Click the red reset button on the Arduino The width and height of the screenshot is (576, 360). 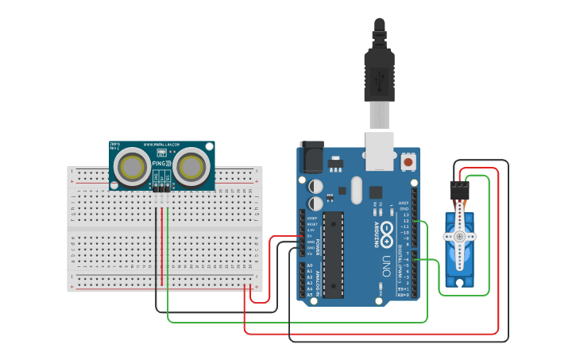click(x=408, y=161)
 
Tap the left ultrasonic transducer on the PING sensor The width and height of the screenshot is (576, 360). click(x=130, y=167)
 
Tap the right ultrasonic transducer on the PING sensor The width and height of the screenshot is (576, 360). click(x=191, y=166)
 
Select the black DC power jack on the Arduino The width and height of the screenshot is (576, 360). click(x=311, y=156)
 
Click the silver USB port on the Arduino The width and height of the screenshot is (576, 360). click(x=379, y=150)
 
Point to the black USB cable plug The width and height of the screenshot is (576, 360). click(x=379, y=75)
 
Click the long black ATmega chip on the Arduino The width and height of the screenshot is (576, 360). click(x=334, y=252)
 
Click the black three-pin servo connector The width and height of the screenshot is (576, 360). click(x=459, y=191)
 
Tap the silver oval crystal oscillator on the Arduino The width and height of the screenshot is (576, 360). click(x=355, y=190)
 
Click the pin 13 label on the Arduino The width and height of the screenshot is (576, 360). click(x=406, y=215)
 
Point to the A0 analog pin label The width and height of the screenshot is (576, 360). click(x=309, y=265)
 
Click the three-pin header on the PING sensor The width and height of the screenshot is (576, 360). click(x=161, y=188)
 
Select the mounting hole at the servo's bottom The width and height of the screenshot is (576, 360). click(x=458, y=281)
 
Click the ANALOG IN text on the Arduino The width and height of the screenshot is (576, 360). click(x=318, y=282)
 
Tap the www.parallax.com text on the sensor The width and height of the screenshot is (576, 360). click(x=161, y=145)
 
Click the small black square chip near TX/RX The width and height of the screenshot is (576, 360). click(x=375, y=192)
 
